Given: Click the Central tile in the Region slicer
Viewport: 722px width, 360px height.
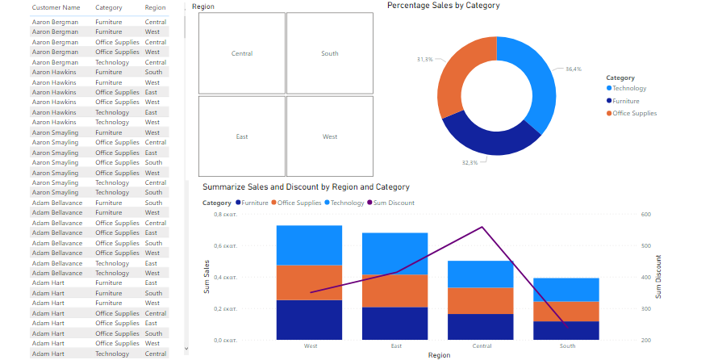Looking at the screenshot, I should [x=242, y=54].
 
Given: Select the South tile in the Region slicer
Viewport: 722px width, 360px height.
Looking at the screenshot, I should [x=330, y=54].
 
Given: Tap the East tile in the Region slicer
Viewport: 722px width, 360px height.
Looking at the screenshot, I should [x=242, y=136].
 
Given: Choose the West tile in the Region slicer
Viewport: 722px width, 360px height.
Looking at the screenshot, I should [x=330, y=136].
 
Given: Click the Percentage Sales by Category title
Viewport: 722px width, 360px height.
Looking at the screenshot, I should [x=443, y=6].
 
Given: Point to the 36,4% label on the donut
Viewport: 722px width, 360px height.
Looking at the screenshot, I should [x=574, y=69].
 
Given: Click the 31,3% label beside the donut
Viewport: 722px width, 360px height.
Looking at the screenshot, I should [x=424, y=60].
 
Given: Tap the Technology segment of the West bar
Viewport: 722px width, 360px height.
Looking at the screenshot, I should [x=309, y=245].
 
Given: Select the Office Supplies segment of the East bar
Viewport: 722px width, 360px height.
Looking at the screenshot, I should [x=394, y=291].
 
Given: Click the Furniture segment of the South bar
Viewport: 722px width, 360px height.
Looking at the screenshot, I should [x=566, y=330].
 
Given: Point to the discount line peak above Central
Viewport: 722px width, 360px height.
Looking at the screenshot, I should [x=482, y=227].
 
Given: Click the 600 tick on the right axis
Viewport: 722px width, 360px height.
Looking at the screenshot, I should [x=646, y=215].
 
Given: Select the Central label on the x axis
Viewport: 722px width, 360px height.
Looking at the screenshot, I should [x=482, y=346].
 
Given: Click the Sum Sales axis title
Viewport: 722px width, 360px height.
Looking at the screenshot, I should [x=207, y=278].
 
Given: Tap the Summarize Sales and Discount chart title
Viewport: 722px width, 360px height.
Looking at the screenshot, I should [x=306, y=187].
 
